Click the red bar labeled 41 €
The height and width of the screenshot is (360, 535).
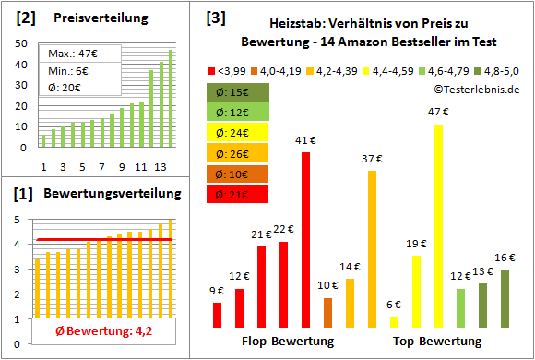305,240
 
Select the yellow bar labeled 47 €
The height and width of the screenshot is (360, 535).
438,226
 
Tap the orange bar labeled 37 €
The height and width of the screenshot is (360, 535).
372,249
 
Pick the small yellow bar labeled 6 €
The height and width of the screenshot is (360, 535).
394,321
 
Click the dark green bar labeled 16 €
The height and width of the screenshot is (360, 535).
505,298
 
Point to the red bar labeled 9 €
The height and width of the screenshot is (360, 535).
217,315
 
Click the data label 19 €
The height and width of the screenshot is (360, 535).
417,244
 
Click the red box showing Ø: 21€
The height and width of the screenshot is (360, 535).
237,193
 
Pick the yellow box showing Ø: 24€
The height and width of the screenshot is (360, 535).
237,132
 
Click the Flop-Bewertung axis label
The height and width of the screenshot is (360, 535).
288,341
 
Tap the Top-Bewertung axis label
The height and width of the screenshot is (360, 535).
437,341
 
